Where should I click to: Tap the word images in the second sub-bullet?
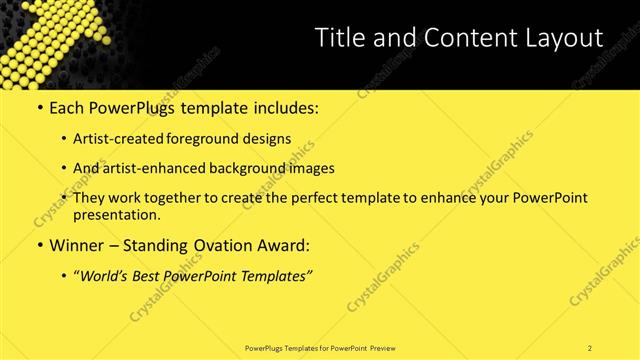[309, 169]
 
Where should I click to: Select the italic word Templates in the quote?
[274, 276]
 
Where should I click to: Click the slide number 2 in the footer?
[590, 347]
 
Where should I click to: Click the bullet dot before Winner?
[39, 246]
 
